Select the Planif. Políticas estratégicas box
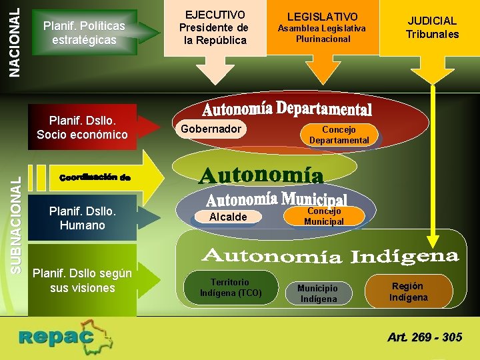coord(83,33)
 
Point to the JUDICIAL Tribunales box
coord(433,27)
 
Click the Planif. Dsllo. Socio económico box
coord(82,127)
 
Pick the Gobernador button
coord(210,129)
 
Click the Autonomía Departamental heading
coord(287,109)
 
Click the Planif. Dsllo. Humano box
coord(82,219)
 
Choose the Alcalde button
coord(227,217)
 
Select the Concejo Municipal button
coord(324,216)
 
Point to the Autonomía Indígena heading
coord(330,256)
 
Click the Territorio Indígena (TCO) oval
coord(231,287)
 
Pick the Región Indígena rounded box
coord(409,291)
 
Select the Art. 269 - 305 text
coord(425,337)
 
